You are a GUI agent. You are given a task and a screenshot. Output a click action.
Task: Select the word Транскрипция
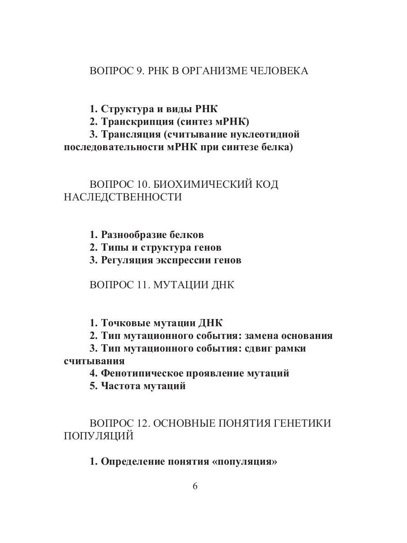[x=137, y=122]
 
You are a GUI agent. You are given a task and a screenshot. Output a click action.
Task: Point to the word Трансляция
[x=131, y=134]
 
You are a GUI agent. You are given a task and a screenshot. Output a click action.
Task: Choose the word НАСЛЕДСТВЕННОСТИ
[x=123, y=197]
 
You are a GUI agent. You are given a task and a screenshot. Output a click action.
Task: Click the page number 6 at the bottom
[x=195, y=486]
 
